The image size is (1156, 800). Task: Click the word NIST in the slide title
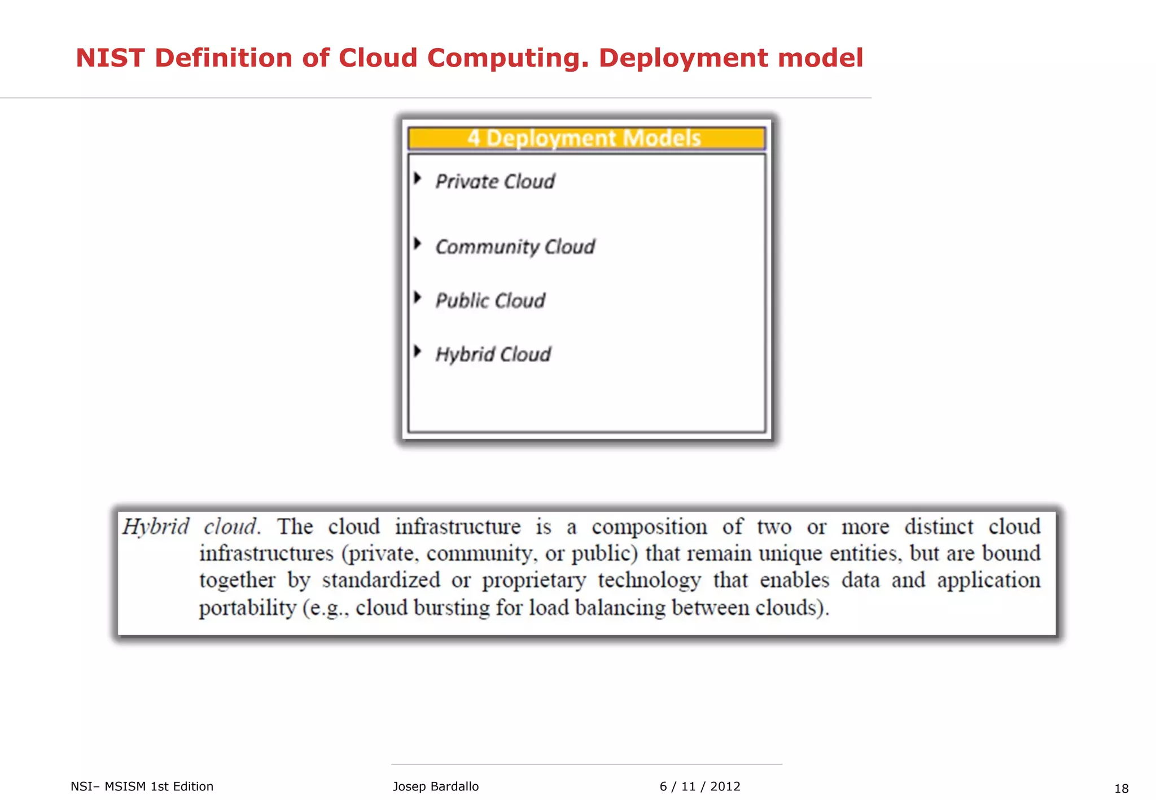tap(110, 58)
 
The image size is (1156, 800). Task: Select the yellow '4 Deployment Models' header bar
tap(586, 138)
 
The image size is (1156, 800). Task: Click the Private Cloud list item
tap(495, 182)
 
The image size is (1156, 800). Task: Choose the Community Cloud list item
tap(515, 247)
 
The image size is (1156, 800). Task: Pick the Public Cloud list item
tap(490, 301)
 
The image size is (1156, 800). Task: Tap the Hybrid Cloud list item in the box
tap(493, 354)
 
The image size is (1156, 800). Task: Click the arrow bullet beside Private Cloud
tap(418, 179)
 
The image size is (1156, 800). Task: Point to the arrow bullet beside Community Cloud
tap(418, 244)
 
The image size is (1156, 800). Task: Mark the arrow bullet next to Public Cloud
tap(418, 297)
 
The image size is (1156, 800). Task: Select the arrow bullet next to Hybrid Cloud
tap(418, 351)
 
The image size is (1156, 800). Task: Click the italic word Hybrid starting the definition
tap(156, 527)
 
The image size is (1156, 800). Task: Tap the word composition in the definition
tap(649, 527)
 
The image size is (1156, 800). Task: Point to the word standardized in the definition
tap(381, 580)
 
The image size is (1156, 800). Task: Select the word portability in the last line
tap(247, 608)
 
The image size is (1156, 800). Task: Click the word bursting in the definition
tap(452, 608)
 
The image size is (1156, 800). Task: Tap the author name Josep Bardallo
tap(435, 786)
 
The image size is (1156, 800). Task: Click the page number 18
tap(1121, 789)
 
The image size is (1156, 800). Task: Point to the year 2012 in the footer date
tap(725, 786)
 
